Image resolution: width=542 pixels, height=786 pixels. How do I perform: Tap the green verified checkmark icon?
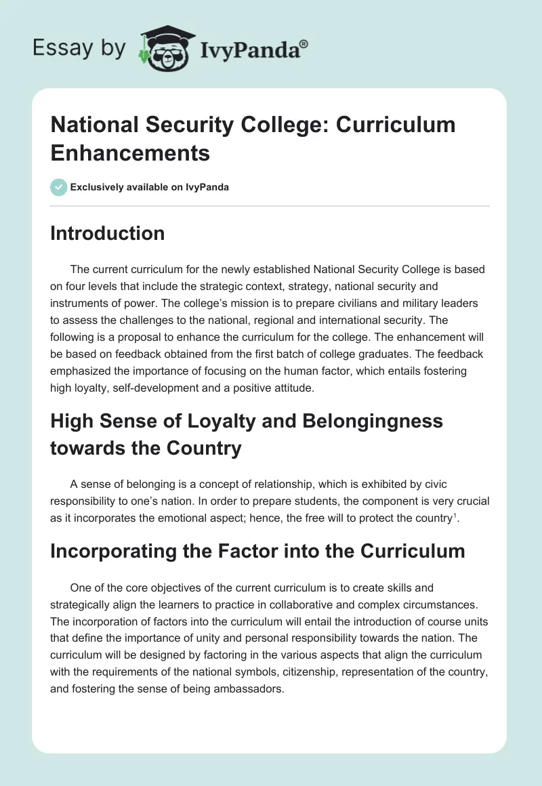(x=58, y=187)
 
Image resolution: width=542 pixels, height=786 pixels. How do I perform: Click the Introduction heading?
(x=107, y=233)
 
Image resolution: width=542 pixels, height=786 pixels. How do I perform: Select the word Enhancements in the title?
(x=130, y=152)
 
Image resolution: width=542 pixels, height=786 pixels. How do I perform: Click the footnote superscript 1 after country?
(x=455, y=516)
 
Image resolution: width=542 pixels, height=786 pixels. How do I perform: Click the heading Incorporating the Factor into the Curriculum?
(x=257, y=551)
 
